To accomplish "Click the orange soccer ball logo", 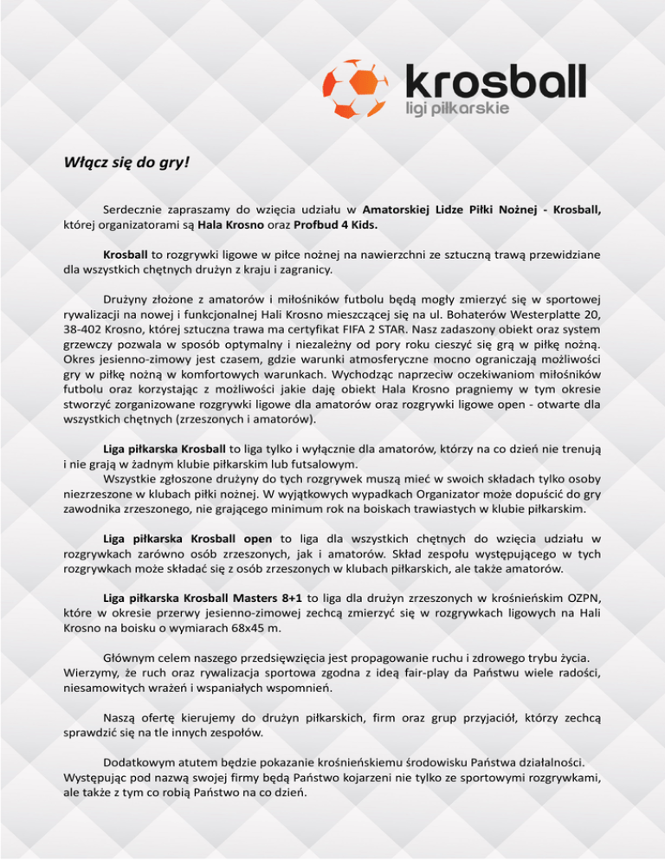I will point(358,90).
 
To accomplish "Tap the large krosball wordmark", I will point(495,81).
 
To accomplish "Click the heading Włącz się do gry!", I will point(127,162).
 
